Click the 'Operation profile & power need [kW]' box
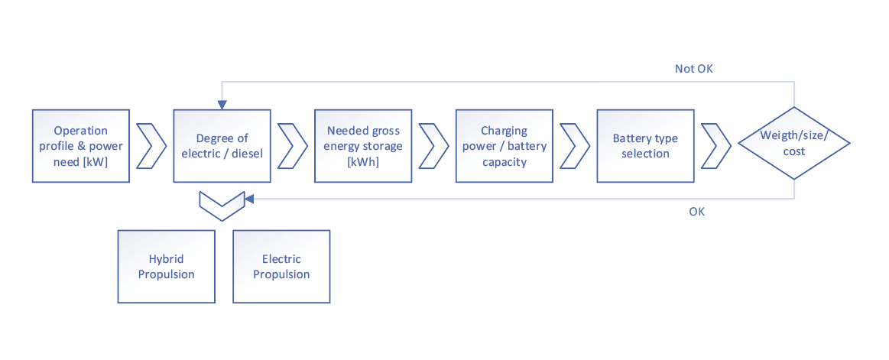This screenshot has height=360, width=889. point(80,145)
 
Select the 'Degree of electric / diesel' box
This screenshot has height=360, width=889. point(222,145)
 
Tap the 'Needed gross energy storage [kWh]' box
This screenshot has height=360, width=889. point(363,145)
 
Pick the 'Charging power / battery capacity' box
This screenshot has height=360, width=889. point(504,145)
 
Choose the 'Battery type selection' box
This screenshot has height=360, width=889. point(645,145)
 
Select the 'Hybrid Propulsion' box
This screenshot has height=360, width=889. point(166,266)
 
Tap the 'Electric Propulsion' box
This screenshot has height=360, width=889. point(281,266)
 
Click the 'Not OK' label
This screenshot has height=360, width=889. point(693,69)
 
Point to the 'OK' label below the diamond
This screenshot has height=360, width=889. point(696,212)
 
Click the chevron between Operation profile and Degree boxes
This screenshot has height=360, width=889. point(151,145)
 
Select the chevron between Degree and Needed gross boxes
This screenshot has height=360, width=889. point(292,145)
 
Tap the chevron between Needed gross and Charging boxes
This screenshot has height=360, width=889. point(433,145)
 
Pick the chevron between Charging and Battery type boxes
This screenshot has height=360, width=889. point(574,145)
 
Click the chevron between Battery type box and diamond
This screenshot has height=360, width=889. point(715,145)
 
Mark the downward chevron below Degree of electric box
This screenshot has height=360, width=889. point(221,205)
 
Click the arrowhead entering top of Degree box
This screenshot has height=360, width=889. point(222,105)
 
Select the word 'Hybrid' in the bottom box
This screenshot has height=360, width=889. point(166,259)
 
